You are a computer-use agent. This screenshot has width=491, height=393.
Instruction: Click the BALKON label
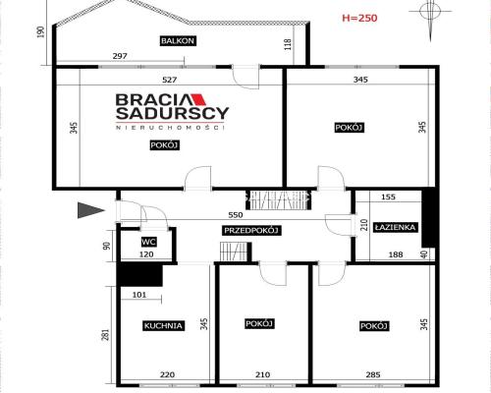tap(178, 41)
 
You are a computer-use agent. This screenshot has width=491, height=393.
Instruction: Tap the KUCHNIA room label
tap(163, 326)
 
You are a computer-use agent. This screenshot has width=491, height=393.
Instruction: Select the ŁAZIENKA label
tap(396, 227)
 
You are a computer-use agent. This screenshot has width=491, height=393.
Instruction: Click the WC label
tap(148, 243)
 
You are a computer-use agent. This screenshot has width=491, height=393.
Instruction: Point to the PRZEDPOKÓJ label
tap(251, 231)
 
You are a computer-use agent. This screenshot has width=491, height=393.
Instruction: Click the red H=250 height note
tap(359, 18)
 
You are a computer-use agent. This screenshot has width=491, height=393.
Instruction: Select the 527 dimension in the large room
tap(170, 80)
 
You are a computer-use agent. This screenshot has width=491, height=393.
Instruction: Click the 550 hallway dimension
tap(236, 215)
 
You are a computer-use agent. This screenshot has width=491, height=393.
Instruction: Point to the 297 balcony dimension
tap(120, 56)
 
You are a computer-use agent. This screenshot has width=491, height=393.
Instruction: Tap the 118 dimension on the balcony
tap(288, 44)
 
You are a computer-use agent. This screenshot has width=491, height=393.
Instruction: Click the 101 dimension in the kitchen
tap(139, 295)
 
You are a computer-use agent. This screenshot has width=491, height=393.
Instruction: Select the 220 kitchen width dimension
tap(167, 374)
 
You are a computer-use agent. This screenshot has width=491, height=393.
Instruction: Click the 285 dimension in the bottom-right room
tap(373, 374)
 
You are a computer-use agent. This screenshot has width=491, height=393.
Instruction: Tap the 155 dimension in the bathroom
tap(388, 197)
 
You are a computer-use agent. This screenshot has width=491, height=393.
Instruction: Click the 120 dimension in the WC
tap(146, 254)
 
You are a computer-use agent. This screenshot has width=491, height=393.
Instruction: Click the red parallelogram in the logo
tap(199, 99)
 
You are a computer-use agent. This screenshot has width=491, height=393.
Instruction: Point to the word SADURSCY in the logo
tap(172, 113)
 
